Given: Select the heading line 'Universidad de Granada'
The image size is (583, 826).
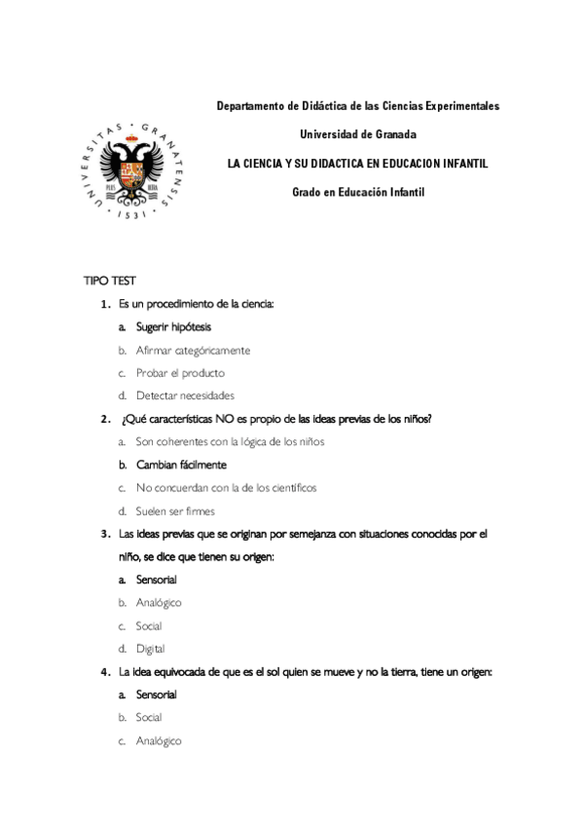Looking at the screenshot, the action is click(357, 133).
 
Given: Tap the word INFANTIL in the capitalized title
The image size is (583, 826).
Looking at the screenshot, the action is click(459, 163).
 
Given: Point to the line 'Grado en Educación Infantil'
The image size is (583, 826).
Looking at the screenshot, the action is click(358, 192).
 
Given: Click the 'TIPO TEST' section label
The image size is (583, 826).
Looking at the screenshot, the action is click(109, 281).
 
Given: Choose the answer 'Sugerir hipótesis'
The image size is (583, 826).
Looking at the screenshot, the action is click(173, 327).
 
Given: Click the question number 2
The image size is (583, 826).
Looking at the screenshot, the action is click(104, 419).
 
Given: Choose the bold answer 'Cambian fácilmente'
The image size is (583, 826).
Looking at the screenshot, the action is click(181, 465).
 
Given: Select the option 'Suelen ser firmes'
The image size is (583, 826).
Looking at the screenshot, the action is click(175, 510).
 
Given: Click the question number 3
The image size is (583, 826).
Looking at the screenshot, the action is click(104, 534).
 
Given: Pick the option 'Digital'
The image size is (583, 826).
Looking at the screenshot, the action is click(150, 649).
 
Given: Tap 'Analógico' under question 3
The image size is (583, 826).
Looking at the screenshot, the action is click(159, 603).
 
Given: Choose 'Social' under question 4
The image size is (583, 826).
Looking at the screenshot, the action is click(149, 718).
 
